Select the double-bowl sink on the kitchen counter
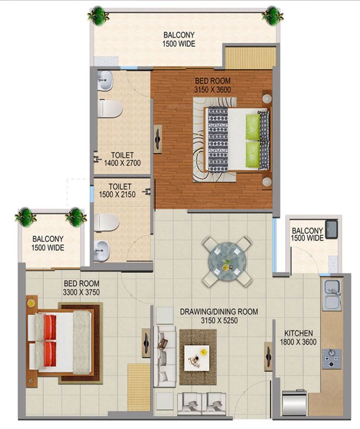(333, 296)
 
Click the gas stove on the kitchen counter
(334, 357)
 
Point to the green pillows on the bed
(253, 140)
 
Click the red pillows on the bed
(50, 341)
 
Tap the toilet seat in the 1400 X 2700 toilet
(109, 108)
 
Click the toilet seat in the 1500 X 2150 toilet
(107, 223)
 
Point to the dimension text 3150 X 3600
(212, 89)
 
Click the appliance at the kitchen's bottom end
(295, 403)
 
